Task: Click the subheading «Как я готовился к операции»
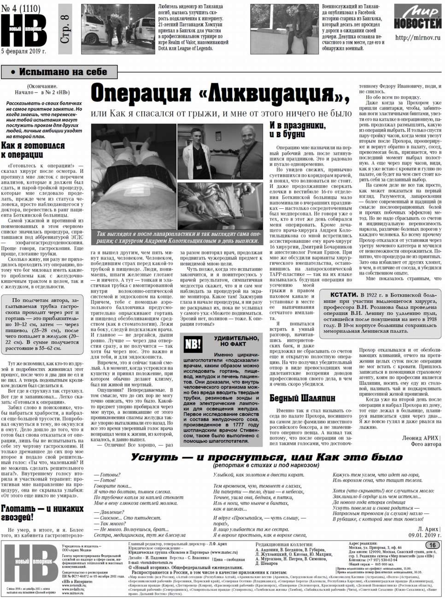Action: [x=33, y=150]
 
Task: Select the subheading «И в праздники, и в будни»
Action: [x=298, y=129]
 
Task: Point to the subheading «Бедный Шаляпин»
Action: [x=302, y=398]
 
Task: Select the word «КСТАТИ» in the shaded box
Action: [x=344, y=294]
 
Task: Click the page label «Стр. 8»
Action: [x=64, y=29]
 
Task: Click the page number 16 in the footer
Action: [x=433, y=546]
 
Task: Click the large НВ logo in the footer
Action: [x=31, y=566]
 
